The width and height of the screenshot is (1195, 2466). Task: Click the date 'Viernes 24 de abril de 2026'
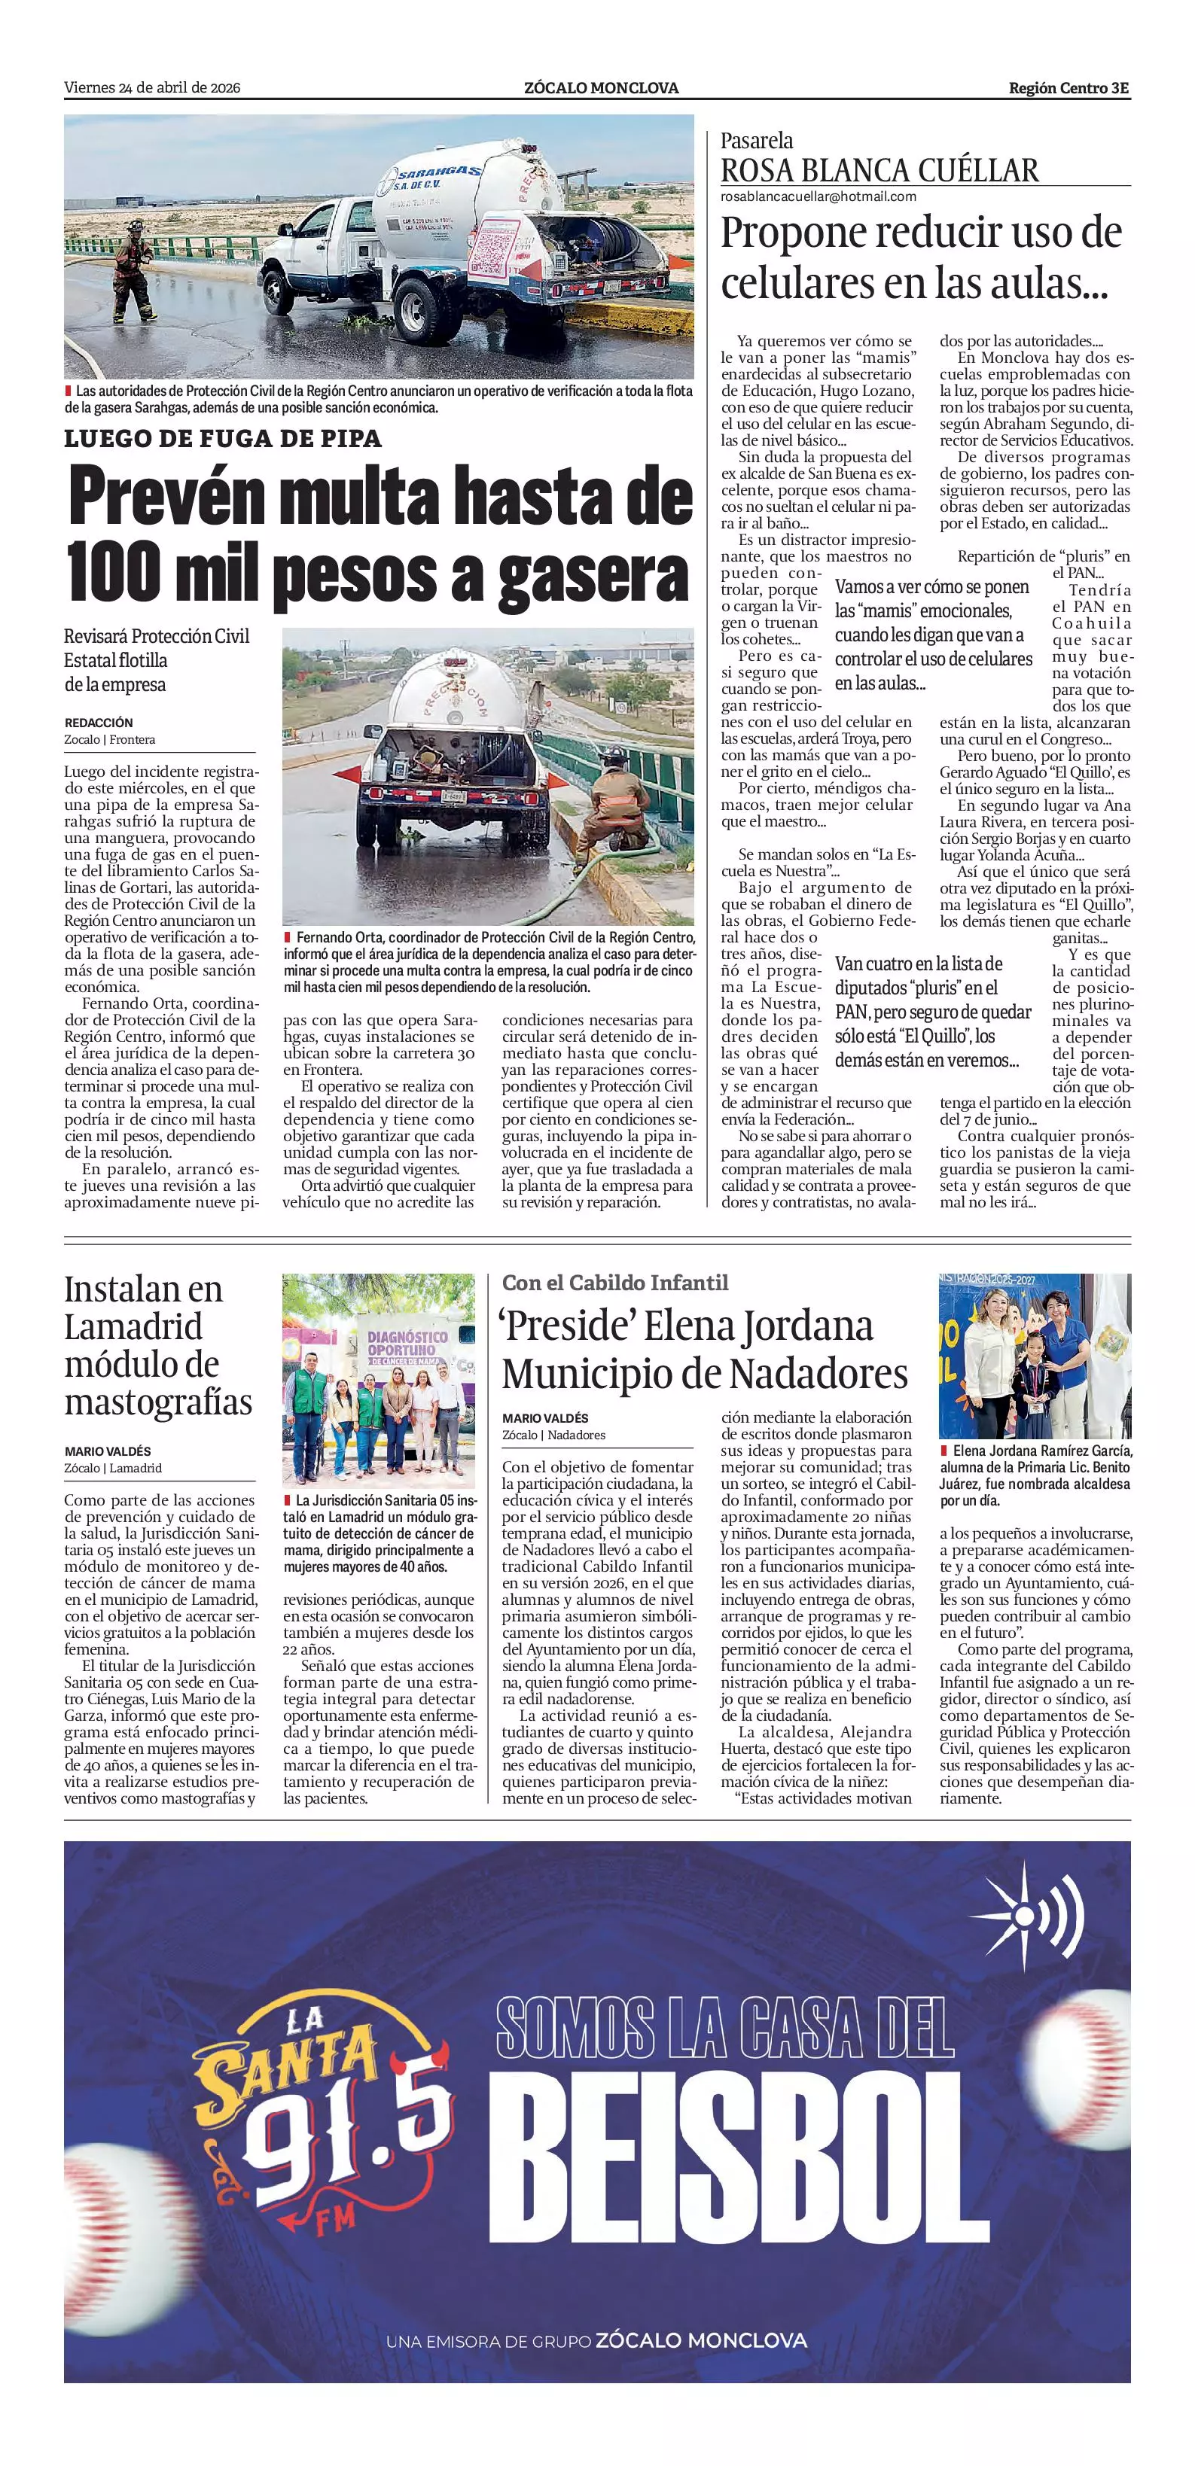151,88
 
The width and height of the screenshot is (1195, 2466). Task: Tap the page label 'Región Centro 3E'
1068,88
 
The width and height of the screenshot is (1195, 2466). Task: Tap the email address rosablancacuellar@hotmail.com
818,196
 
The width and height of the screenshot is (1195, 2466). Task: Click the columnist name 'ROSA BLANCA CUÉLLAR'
879,170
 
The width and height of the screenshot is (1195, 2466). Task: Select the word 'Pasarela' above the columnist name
757,141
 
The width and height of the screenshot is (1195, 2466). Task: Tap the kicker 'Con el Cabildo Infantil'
614,1283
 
